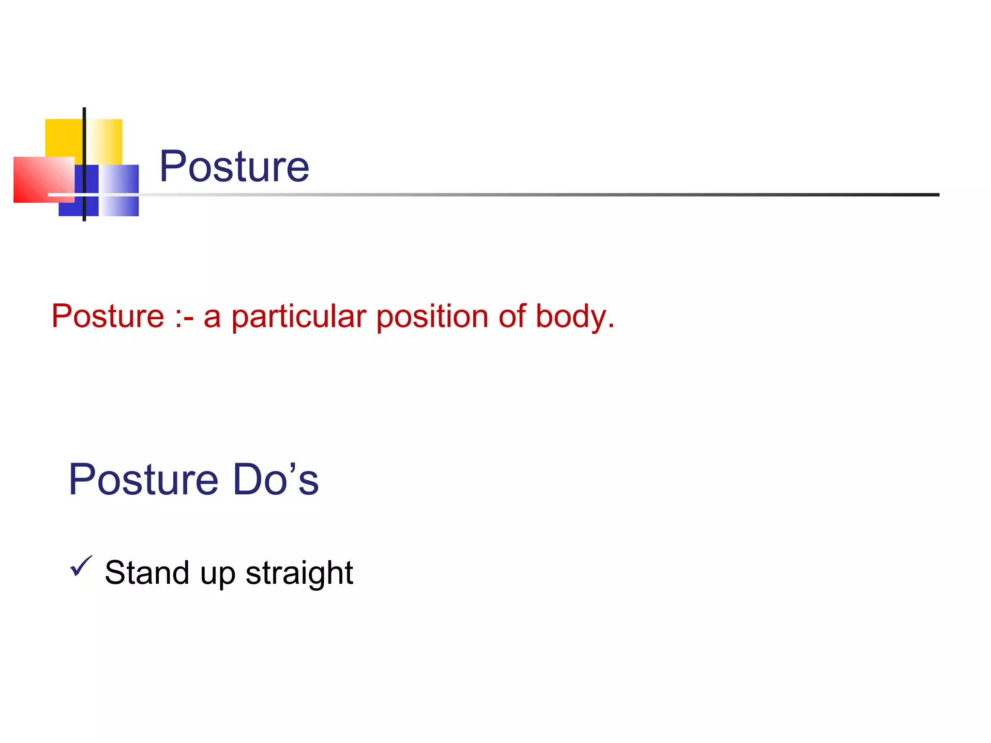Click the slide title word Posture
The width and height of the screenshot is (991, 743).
pyautogui.click(x=234, y=166)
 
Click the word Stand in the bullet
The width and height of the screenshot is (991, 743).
pyautogui.click(x=147, y=573)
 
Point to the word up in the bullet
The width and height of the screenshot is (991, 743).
pyautogui.click(x=217, y=575)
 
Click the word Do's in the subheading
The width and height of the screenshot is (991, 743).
pyautogui.click(x=276, y=480)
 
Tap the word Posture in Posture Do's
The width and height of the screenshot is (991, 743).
pyautogui.click(x=144, y=480)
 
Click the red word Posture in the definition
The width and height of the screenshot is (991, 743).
pyautogui.click(x=108, y=316)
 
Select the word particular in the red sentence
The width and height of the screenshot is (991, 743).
pyautogui.click(x=299, y=317)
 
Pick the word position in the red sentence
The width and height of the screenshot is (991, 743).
pyautogui.click(x=432, y=317)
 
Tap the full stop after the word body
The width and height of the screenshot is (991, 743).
pyautogui.click(x=611, y=327)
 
